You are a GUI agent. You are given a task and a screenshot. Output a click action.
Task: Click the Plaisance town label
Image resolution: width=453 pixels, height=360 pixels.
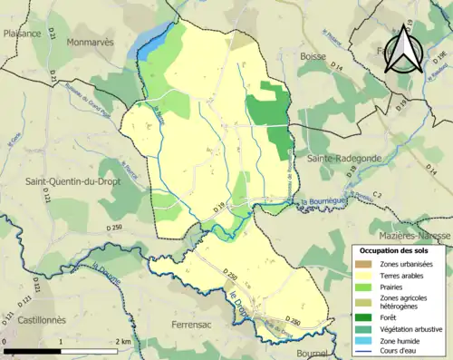[23, 34]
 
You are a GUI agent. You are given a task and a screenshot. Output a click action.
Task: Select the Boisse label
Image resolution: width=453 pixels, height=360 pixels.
[313, 56]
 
